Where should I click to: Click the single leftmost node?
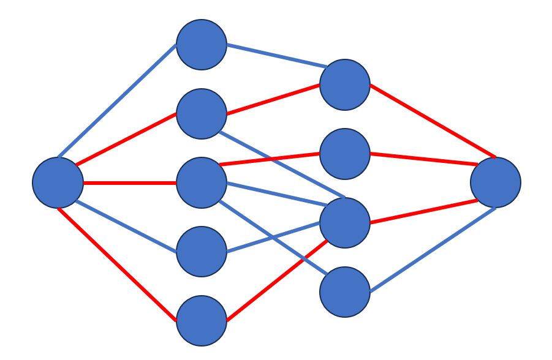click(58, 182)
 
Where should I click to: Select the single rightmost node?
click(495, 182)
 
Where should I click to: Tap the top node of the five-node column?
click(202, 45)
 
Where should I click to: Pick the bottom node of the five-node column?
click(202, 321)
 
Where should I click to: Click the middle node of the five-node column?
click(202, 182)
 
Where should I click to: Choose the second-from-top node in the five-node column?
click(202, 114)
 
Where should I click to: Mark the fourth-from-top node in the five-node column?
click(202, 252)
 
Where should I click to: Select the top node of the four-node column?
click(345, 84)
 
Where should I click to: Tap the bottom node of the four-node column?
click(345, 292)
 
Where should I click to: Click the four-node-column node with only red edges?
click(345, 154)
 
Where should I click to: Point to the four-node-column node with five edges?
click(345, 223)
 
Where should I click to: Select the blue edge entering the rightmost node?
click(433, 250)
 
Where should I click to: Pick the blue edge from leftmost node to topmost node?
click(116, 101)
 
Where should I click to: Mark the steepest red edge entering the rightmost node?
click(433, 121)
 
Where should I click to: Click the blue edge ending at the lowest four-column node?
click(273, 238)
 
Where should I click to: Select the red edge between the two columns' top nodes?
click(273, 99)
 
